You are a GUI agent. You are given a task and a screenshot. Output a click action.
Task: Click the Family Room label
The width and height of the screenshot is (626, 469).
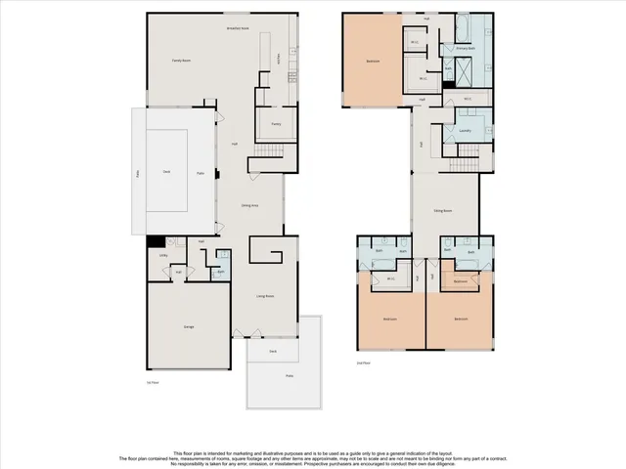[179, 61]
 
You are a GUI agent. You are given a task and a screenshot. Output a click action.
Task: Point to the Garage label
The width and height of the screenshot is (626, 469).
[188, 326]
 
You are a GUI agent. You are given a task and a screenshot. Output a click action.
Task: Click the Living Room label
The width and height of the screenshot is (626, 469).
[264, 295]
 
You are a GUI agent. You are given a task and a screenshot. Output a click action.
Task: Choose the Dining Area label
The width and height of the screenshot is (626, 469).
[249, 205]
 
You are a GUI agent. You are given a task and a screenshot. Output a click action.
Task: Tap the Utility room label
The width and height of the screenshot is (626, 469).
[163, 256]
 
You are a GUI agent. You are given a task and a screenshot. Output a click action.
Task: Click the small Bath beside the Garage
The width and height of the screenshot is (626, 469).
[221, 271]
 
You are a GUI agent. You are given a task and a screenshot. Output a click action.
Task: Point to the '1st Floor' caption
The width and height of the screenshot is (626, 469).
[152, 384]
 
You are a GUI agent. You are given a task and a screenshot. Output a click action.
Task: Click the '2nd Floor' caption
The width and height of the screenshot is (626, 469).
[363, 362]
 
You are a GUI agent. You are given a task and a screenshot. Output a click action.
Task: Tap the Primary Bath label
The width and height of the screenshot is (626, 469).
[465, 48]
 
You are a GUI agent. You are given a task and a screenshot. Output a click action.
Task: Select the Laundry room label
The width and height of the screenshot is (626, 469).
[466, 130]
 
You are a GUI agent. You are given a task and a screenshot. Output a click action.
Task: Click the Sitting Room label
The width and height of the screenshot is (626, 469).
[442, 210]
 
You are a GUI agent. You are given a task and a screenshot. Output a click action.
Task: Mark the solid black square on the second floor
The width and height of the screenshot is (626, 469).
[448, 84]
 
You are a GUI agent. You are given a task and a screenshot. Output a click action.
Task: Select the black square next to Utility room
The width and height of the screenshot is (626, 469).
[154, 241]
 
